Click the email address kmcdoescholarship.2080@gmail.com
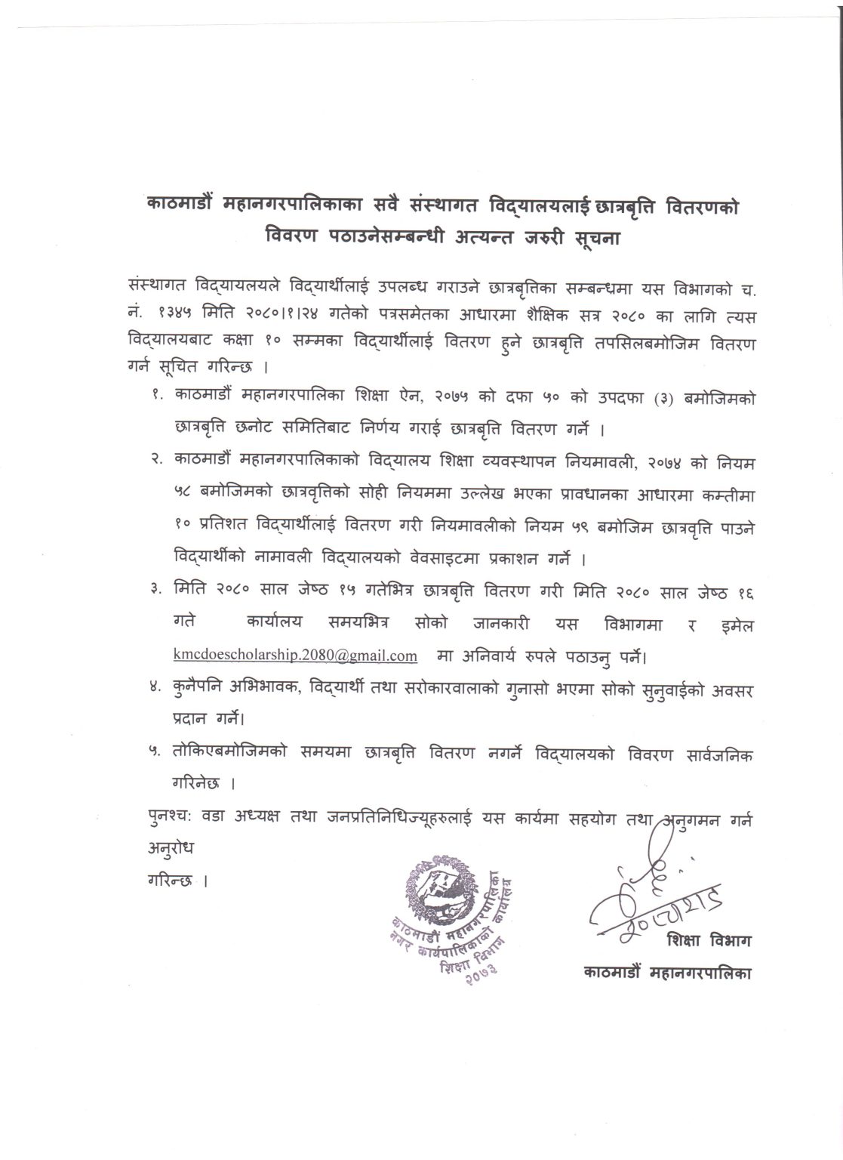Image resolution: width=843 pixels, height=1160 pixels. click(295, 656)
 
